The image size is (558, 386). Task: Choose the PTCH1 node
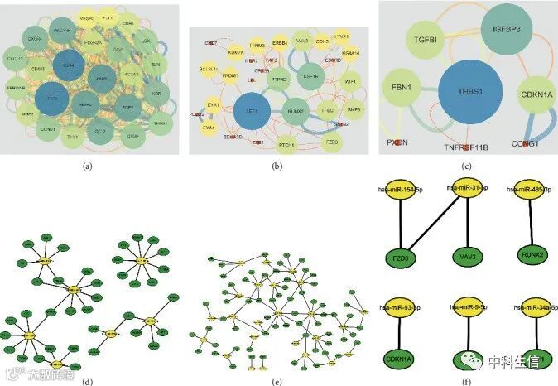(287, 146)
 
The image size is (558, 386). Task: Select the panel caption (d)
(87, 382)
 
